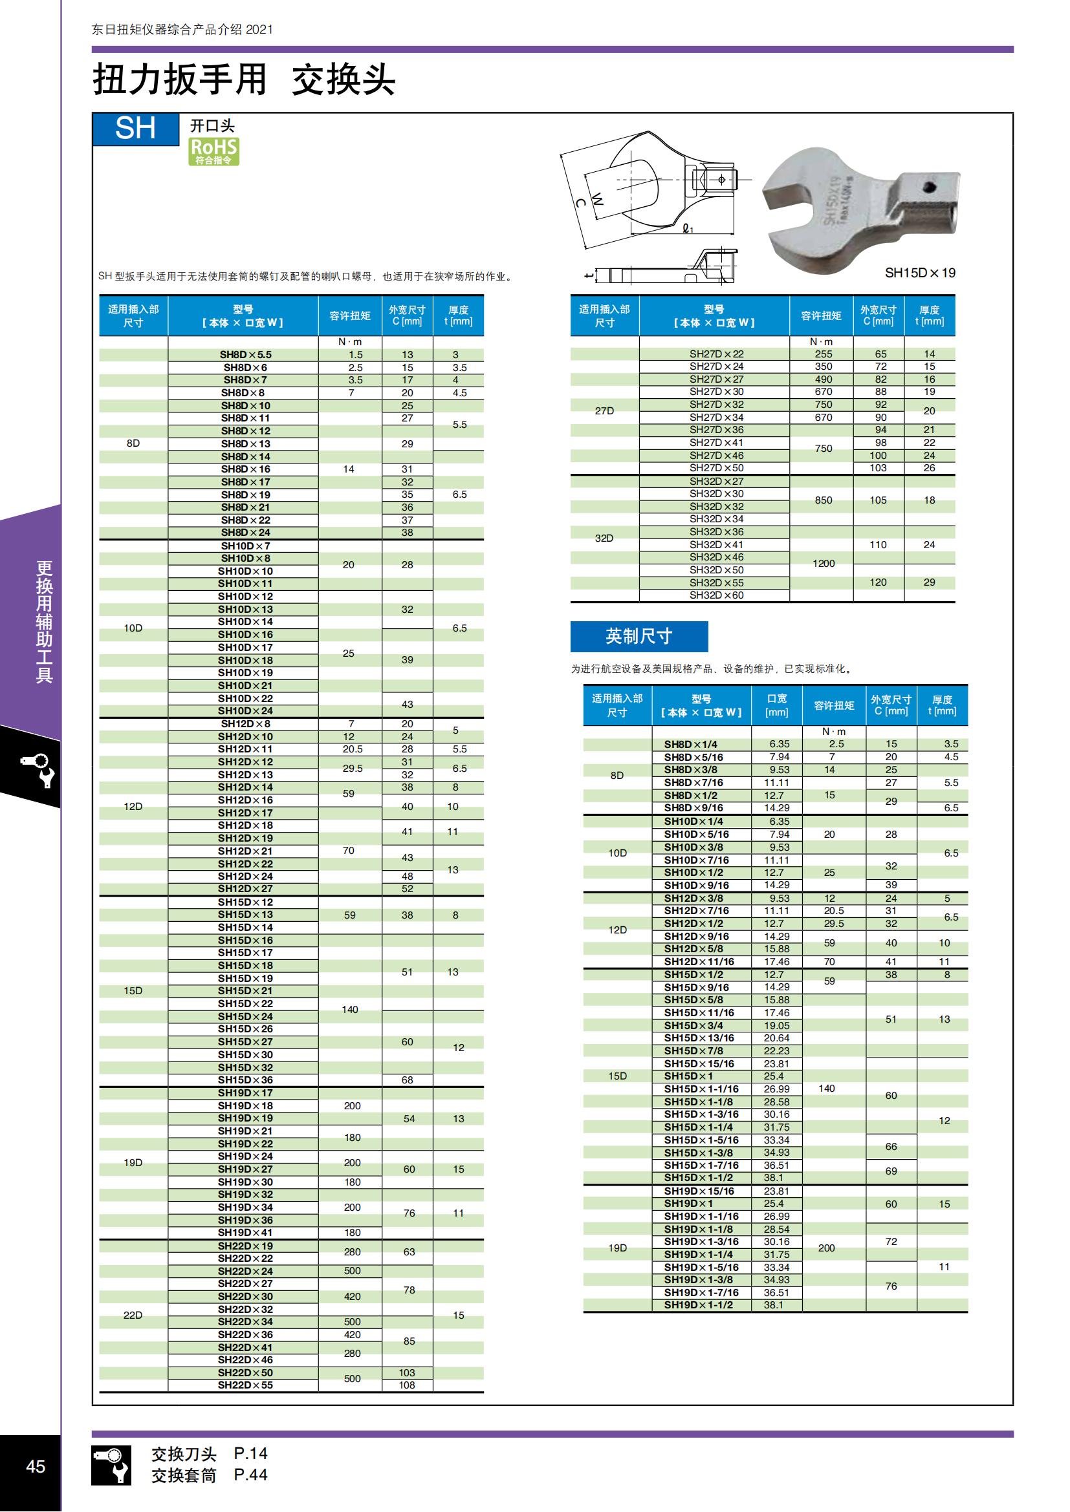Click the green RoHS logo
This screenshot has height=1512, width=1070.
(x=213, y=151)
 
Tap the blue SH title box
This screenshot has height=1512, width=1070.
(x=136, y=129)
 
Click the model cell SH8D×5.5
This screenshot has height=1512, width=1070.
(x=245, y=354)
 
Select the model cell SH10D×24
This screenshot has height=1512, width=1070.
(x=245, y=710)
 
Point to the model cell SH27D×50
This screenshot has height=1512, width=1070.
(x=716, y=467)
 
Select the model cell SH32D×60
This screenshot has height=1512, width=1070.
(x=716, y=595)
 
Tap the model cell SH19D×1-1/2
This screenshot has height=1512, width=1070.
(x=698, y=1304)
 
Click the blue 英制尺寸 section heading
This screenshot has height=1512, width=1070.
(x=639, y=636)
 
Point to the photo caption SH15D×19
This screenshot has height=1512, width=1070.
(x=919, y=273)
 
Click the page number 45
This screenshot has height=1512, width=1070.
(x=36, y=1466)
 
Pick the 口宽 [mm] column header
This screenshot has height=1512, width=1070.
(x=776, y=705)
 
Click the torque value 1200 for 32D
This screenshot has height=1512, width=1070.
(x=823, y=563)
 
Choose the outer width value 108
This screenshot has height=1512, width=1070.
(x=406, y=1385)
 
